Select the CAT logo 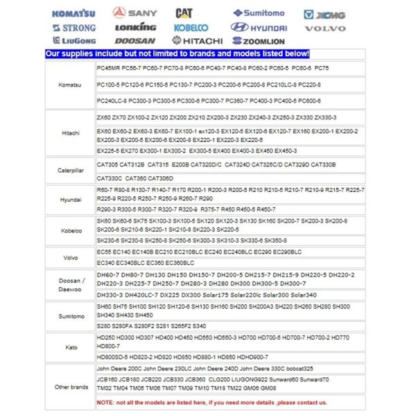[x=184, y=13]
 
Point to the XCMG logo [x=323, y=14]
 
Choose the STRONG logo [x=74, y=28]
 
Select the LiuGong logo [x=74, y=41]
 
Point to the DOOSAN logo [x=135, y=41]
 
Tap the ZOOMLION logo [x=259, y=41]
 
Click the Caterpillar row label [x=69, y=168]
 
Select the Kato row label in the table [x=69, y=347]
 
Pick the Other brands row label [x=69, y=386]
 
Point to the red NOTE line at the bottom [x=211, y=402]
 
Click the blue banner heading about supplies [x=177, y=54]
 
